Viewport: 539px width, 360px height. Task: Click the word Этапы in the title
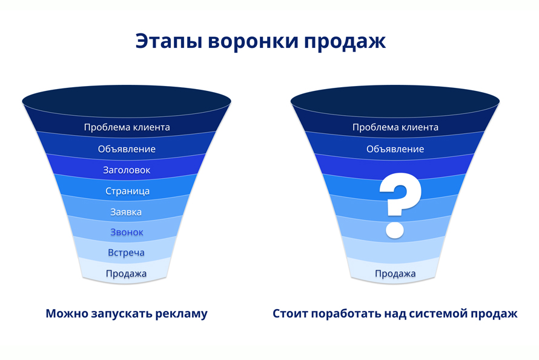168,41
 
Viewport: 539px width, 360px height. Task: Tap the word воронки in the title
253,41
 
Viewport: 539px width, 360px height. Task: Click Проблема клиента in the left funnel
127,127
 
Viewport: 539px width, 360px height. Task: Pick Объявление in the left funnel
127,149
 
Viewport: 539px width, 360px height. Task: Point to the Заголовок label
127,170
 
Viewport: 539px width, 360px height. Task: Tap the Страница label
127,191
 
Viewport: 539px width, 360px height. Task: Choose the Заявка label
126,212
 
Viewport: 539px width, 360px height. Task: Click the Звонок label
127,232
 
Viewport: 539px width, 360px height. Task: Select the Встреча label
126,253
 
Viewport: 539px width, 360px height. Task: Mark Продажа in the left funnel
126,274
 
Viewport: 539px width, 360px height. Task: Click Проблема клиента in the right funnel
395,127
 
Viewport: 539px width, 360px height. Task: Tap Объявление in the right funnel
395,149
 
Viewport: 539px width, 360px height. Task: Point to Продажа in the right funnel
395,274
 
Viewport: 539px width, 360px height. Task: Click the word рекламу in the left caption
182,314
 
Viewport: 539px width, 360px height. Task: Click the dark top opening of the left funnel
127,101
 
